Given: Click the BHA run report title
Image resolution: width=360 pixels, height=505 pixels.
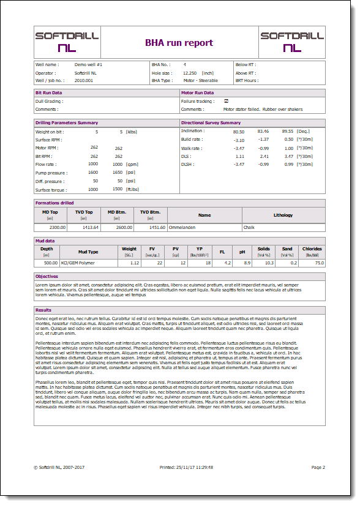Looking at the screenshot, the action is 179,43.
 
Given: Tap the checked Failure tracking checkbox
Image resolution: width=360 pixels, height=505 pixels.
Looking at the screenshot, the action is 226,101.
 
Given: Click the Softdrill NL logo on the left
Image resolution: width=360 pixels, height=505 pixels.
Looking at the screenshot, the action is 67,41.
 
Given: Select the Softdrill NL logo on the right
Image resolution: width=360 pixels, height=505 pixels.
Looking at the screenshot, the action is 291,41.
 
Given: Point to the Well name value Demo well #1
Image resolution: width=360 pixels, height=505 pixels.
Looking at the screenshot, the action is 88,64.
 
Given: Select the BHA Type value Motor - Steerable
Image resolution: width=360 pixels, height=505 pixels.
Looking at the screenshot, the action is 201,80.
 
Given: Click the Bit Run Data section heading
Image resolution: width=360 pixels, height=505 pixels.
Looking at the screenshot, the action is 49,92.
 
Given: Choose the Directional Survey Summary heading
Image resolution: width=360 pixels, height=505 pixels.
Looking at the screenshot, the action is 211,122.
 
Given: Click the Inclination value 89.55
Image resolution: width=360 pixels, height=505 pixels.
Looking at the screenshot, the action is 287,131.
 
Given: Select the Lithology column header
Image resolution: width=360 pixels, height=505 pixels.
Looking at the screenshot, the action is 283,215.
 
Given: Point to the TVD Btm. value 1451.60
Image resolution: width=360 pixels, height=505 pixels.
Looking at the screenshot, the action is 157,227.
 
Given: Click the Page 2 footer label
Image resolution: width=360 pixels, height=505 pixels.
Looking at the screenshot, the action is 318,467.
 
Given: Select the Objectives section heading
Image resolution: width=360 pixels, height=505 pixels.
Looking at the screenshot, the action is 47,277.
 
